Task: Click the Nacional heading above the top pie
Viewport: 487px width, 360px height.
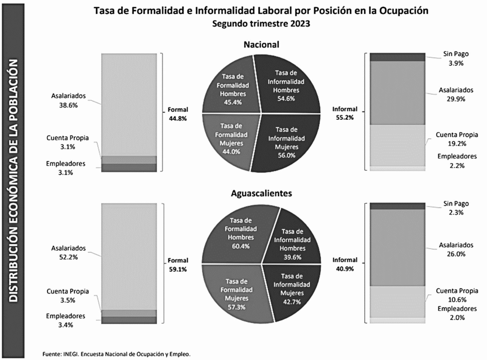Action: (261, 45)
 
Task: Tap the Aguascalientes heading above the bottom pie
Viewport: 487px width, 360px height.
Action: (261, 193)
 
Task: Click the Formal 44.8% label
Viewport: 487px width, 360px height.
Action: (178, 114)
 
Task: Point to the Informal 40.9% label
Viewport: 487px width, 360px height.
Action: (345, 264)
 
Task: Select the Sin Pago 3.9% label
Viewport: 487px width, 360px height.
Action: (456, 58)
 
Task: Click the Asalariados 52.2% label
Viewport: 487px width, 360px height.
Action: (68, 252)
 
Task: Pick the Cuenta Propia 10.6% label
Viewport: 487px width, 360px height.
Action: (457, 295)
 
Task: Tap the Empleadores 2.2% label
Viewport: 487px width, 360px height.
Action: (457, 161)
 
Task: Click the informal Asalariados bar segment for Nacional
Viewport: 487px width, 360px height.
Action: (397, 93)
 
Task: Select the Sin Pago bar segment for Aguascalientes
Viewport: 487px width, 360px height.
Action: (397, 206)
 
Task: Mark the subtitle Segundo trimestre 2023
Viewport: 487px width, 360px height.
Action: (261, 24)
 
